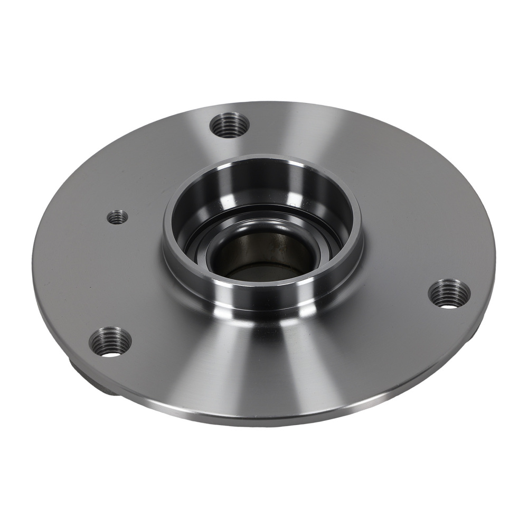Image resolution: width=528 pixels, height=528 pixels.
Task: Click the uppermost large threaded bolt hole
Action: [229, 125]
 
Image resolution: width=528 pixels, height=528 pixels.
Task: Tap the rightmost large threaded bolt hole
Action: [448, 294]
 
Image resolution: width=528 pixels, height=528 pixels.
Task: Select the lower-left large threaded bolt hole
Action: [110, 342]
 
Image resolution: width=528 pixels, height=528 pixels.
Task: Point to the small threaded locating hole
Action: [117, 216]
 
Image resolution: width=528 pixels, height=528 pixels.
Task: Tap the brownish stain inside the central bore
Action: [275, 248]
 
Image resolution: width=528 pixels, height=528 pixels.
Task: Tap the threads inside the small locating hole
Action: [117, 214]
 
